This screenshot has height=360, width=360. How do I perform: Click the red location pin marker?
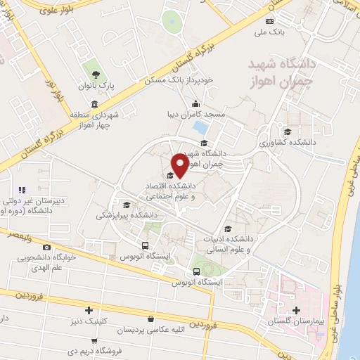tap(179, 164)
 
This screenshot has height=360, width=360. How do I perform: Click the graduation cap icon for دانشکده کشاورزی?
tap(286, 131)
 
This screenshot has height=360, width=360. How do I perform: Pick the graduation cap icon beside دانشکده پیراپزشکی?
tap(126, 205)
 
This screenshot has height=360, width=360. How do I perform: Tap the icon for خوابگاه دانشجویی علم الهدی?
tap(47, 247)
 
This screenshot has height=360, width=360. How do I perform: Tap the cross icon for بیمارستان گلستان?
tap(296, 310)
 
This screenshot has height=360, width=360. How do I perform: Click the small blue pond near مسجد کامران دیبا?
tap(200, 128)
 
